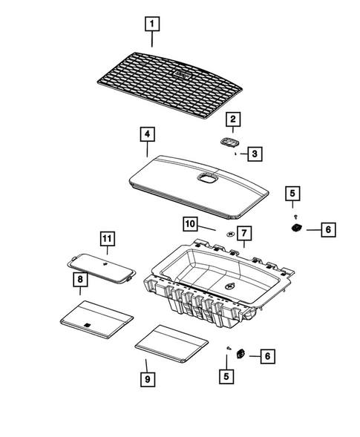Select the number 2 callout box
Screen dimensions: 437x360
[232, 119]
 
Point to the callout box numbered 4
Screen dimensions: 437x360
[148, 134]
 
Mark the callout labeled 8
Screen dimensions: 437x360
[78, 280]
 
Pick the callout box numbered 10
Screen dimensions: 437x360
[189, 223]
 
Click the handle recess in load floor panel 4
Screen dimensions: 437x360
[206, 177]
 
